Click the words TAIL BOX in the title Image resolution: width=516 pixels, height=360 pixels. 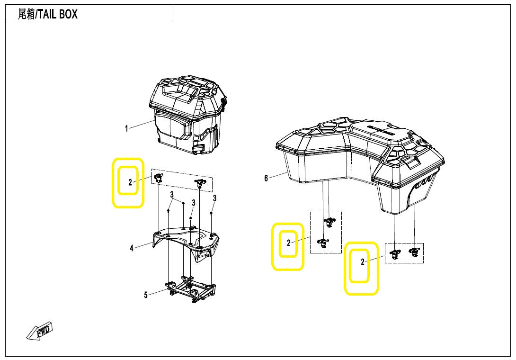click(58, 14)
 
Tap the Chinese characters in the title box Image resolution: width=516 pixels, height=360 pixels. click(26, 14)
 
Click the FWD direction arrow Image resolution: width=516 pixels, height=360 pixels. click(40, 331)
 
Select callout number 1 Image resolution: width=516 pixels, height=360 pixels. click(126, 128)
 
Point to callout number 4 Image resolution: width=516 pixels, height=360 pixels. click(132, 248)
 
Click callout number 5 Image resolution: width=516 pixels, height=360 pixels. click(146, 295)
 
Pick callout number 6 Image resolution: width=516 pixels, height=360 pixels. click(266, 178)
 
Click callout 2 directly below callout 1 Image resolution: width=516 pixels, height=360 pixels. click(130, 182)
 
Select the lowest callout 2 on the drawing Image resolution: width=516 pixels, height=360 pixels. click(363, 262)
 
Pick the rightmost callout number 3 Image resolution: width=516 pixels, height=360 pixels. click(214, 198)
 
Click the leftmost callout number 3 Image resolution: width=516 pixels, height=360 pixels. click(172, 195)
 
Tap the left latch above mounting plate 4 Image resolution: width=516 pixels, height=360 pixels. click(159, 178)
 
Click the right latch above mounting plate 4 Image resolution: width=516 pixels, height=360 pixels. click(199, 183)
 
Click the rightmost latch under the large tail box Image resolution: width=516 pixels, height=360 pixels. click(414, 252)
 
